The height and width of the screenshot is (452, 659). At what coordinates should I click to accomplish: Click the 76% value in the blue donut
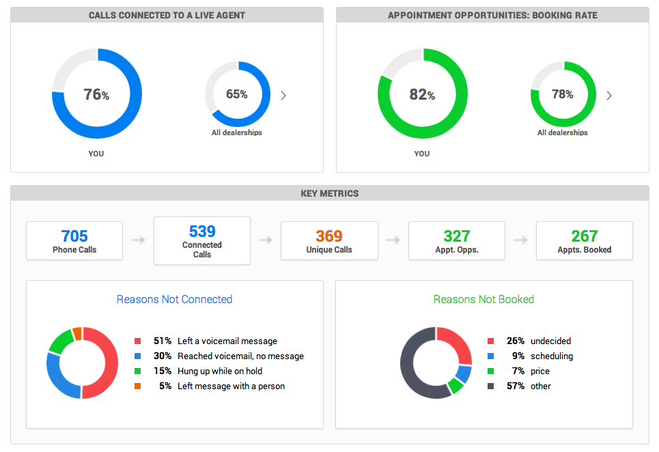coord(96,95)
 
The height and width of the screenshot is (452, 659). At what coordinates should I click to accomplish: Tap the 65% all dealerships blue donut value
coord(237,94)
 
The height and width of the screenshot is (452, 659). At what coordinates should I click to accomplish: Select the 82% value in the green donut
coord(422,95)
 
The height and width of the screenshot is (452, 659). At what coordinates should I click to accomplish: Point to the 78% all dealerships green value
coord(563,94)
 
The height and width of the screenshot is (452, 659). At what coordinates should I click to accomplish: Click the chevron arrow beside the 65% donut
coord(283,96)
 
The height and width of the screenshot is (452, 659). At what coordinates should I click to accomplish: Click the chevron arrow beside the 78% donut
coord(609,96)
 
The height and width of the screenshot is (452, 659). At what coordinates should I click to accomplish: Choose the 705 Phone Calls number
coord(74,236)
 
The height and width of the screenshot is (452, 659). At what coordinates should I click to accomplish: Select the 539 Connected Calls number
coord(202,231)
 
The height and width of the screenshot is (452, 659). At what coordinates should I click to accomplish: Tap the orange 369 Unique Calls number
coord(329,236)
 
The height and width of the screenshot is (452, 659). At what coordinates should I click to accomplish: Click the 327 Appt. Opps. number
coord(457,236)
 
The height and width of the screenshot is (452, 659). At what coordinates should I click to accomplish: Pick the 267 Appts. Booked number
coord(585,236)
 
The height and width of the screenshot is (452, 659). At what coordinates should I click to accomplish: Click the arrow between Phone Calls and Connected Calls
coord(138,240)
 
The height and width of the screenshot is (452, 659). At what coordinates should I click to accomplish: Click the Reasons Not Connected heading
coord(174,299)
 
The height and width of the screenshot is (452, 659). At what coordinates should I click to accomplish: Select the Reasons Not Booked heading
coord(483,299)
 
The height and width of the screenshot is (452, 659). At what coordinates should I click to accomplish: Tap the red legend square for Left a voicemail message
coord(137,341)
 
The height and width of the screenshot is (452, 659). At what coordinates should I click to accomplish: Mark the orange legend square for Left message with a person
coord(137,386)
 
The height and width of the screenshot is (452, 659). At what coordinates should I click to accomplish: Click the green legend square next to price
coord(490,371)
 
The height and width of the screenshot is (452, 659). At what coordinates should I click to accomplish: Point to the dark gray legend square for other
coord(490,386)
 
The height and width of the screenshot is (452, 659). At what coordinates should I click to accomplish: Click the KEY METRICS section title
coord(329,193)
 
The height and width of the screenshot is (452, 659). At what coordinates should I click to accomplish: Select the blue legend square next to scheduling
coord(490,356)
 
